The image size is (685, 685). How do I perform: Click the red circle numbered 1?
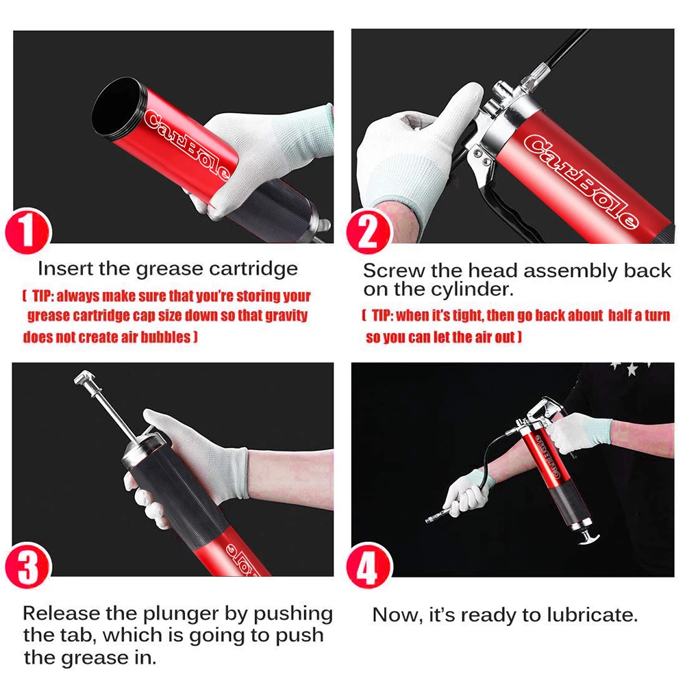[x=28, y=232]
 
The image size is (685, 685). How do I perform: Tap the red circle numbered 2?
[x=369, y=232]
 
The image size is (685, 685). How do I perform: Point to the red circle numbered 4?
[x=369, y=566]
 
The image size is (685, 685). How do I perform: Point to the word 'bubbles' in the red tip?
[x=166, y=337]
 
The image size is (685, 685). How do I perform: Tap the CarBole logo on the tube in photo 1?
[x=186, y=144]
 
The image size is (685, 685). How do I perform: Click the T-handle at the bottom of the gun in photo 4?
[x=588, y=537]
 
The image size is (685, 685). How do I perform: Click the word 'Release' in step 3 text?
[x=62, y=613]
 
